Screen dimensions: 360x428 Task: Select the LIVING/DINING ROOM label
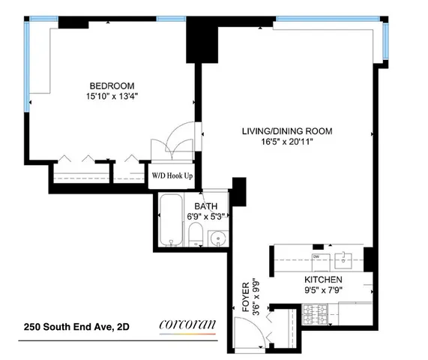(x=286, y=131)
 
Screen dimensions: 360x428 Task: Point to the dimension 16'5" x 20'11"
(x=286, y=142)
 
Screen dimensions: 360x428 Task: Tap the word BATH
(x=205, y=205)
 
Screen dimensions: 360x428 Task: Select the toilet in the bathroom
(x=193, y=235)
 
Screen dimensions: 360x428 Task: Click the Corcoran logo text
(x=187, y=325)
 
